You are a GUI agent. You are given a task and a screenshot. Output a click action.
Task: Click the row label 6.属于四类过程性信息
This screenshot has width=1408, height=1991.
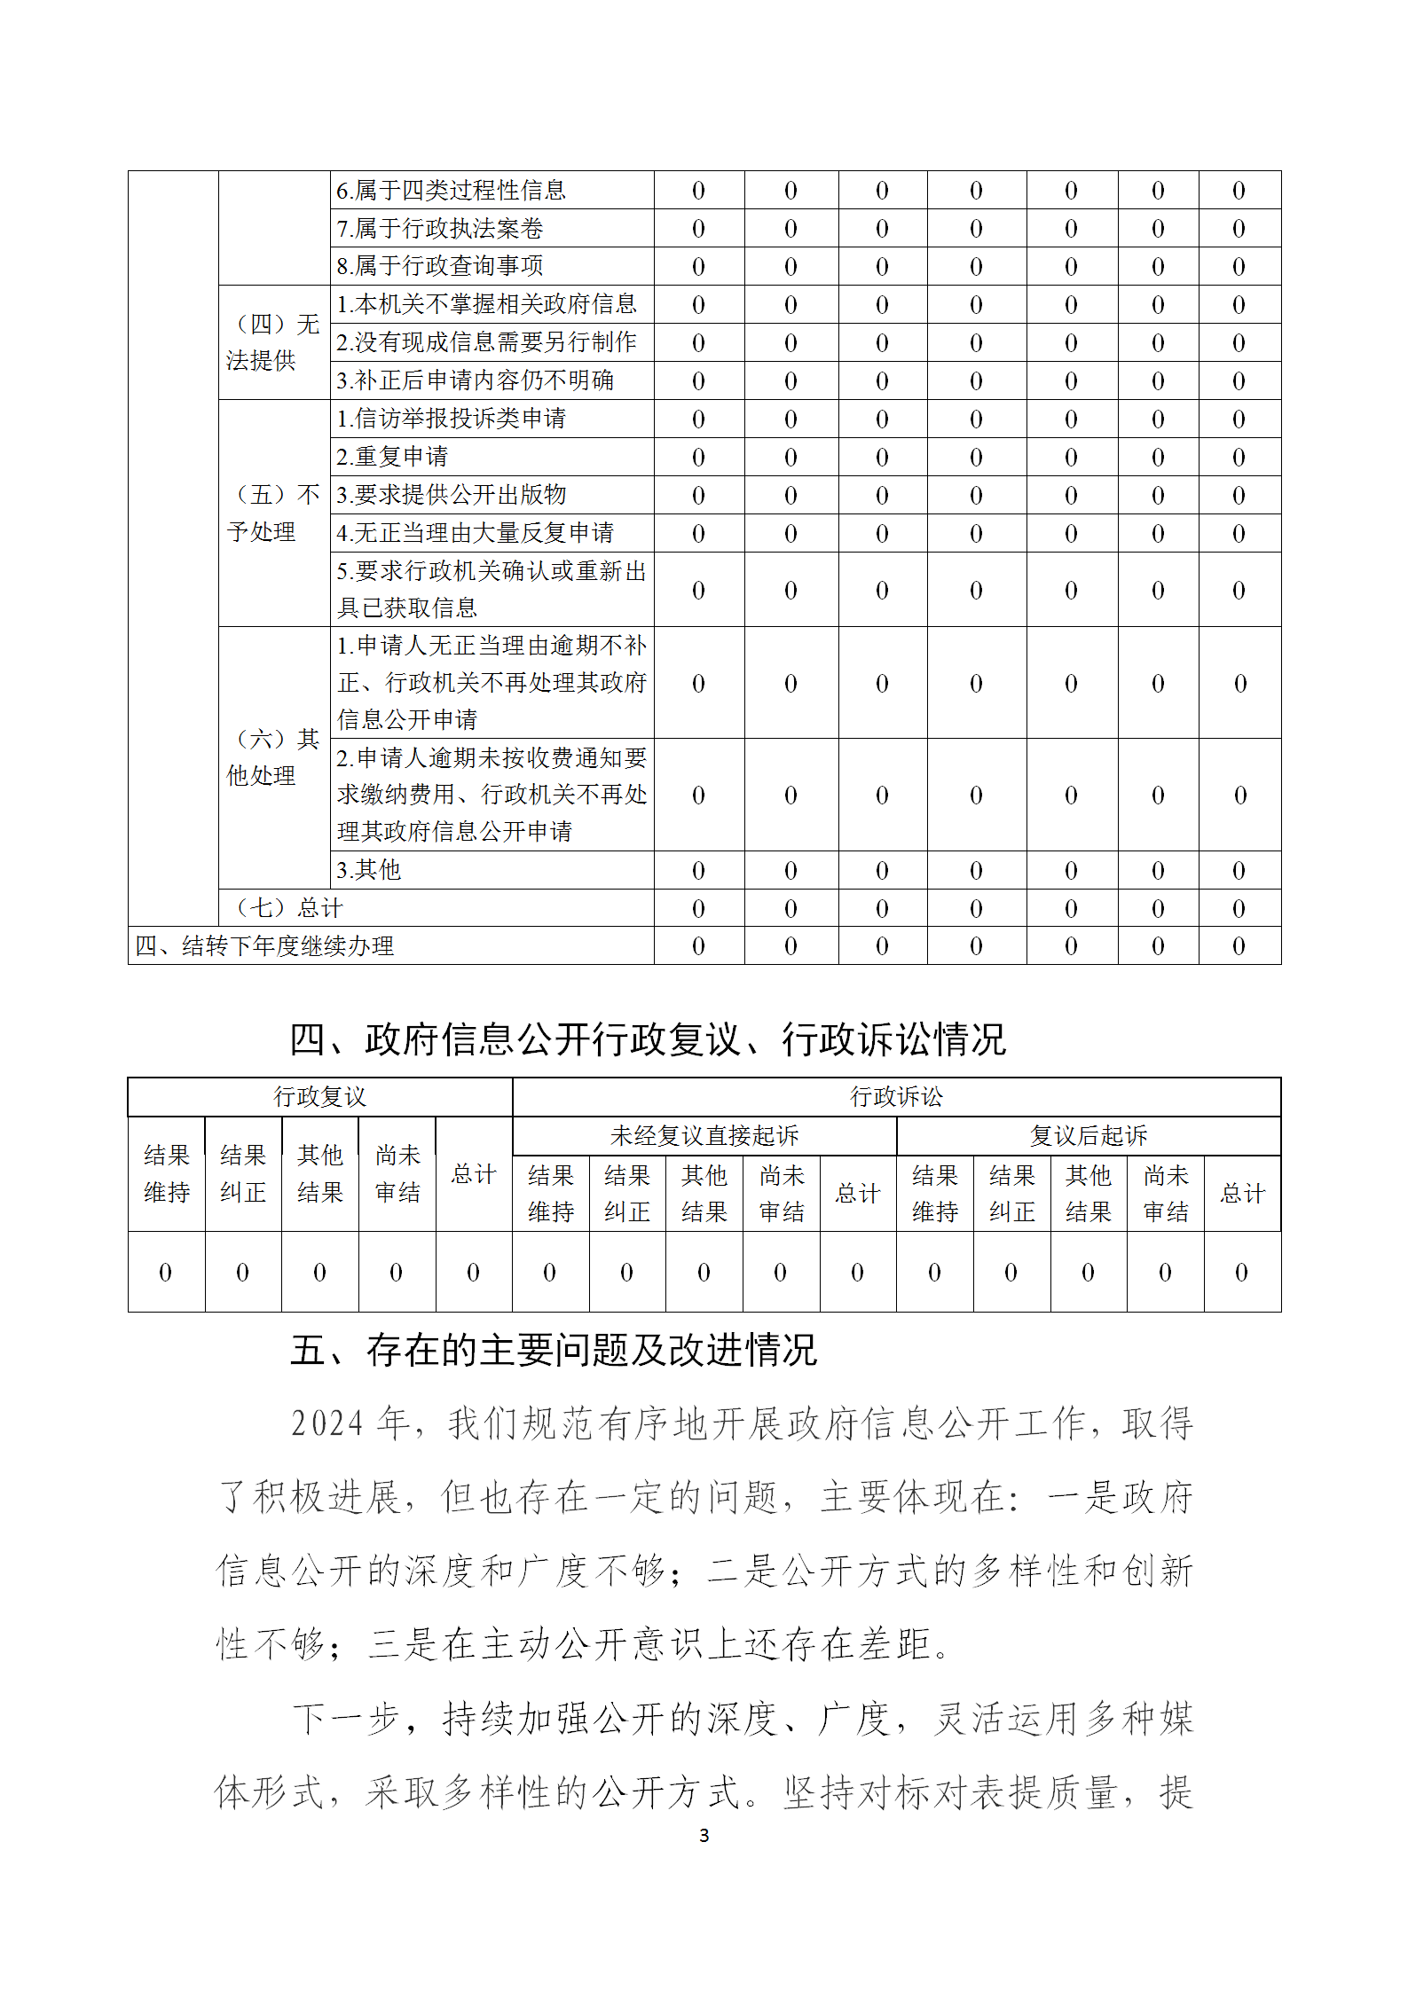(451, 190)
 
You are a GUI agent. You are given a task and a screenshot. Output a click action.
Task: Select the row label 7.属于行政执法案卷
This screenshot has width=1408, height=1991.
(439, 228)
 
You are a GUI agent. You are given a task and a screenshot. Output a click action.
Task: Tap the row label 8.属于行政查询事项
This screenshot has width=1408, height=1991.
(439, 266)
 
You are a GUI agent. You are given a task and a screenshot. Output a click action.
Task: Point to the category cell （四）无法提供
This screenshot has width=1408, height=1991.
(273, 342)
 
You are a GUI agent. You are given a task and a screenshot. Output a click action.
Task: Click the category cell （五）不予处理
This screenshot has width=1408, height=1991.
(273, 513)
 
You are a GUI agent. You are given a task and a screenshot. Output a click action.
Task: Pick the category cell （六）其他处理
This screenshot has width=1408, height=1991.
(273, 757)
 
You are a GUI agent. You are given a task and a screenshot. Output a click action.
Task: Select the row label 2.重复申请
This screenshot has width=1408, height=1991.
(391, 457)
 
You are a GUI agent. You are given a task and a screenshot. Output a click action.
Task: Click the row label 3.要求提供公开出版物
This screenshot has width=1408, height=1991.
(451, 495)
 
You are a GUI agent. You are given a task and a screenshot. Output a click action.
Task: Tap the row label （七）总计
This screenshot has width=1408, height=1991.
(288, 908)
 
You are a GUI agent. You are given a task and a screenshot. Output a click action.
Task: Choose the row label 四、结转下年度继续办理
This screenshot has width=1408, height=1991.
(264, 946)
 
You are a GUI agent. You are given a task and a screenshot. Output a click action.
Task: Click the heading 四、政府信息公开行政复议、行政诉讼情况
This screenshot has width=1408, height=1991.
(648, 1039)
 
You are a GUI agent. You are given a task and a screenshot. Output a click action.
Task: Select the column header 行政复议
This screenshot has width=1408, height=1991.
(319, 1097)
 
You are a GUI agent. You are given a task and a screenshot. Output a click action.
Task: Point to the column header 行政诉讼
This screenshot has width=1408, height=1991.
(896, 1097)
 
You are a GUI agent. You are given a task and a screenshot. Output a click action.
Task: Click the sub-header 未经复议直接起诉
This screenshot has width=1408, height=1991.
(704, 1136)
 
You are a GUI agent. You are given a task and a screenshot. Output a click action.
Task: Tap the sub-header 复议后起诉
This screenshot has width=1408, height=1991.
(1088, 1136)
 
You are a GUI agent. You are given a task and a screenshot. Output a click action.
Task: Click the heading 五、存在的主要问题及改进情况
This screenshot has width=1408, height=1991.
(553, 1351)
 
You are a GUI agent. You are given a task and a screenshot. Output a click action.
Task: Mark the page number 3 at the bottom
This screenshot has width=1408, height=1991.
(704, 1836)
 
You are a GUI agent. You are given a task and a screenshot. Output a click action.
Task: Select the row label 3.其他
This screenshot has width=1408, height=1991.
(368, 870)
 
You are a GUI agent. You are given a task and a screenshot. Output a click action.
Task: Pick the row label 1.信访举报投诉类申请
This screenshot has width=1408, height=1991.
(451, 419)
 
